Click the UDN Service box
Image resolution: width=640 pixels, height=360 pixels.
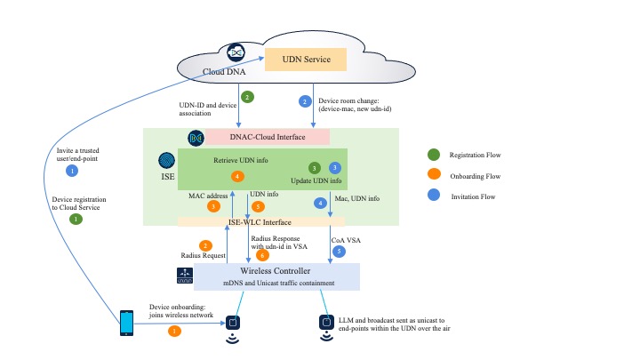click(306, 60)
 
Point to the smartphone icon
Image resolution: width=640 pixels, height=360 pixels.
click(127, 322)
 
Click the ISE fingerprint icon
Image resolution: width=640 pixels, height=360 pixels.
click(167, 161)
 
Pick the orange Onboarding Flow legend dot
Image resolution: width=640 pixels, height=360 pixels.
click(432, 175)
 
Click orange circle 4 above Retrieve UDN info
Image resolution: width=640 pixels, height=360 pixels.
click(237, 176)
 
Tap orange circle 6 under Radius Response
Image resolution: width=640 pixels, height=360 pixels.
click(262, 254)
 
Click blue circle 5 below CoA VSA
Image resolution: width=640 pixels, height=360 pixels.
click(338, 252)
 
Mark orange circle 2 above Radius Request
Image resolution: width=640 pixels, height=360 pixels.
click(205, 245)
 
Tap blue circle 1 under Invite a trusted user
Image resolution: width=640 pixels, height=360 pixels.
click(73, 170)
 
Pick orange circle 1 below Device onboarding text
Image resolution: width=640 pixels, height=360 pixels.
click(174, 332)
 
